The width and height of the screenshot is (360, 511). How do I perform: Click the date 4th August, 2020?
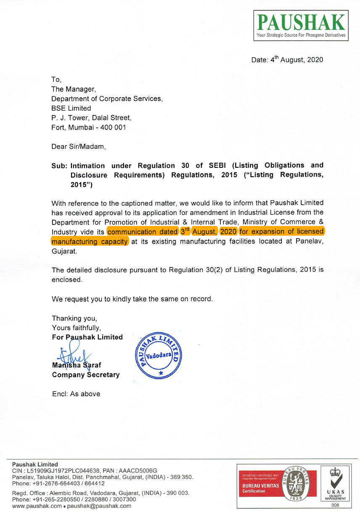pos(287,60)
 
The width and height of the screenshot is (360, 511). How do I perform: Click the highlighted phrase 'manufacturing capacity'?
pos(90,241)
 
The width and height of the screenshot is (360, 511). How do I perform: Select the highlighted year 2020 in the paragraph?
pos(228,231)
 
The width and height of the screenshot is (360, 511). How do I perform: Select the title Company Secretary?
pos(85,375)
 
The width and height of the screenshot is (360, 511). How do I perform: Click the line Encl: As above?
pos(76,394)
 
